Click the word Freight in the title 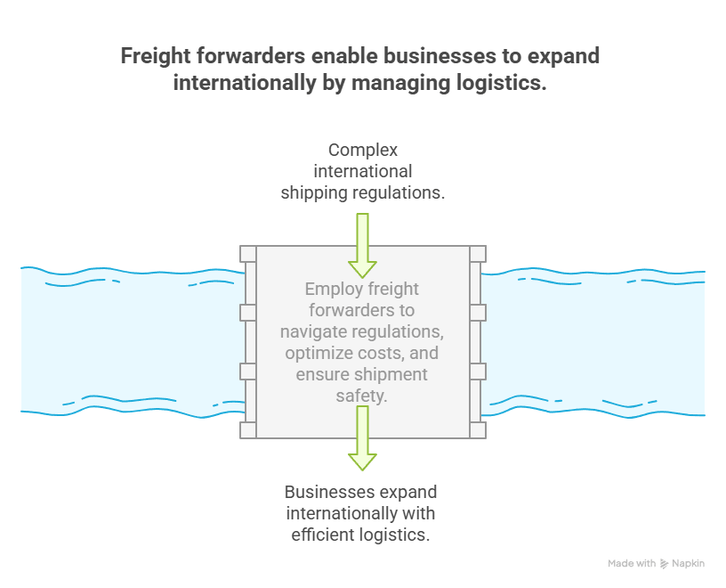(x=158, y=56)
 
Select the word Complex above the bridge (x=362, y=150)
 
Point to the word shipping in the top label (x=315, y=191)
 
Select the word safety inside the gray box (x=362, y=396)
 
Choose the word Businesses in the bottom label (x=324, y=492)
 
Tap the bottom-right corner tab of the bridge (x=478, y=430)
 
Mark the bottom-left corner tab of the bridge (x=248, y=430)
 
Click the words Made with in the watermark (x=632, y=564)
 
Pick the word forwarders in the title (x=258, y=56)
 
